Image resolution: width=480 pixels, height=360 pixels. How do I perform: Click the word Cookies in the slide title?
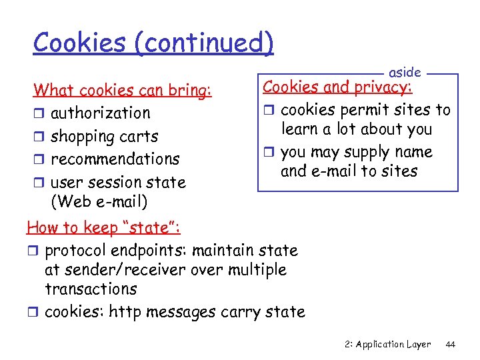[79, 43]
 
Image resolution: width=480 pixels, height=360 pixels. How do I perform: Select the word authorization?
[101, 113]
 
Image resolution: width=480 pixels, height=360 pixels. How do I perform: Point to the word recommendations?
[115, 159]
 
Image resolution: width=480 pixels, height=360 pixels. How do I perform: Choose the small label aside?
[405, 72]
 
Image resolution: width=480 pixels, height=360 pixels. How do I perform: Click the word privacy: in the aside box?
[383, 87]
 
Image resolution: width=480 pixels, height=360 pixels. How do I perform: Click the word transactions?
[91, 289]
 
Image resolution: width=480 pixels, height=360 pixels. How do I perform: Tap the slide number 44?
[450, 344]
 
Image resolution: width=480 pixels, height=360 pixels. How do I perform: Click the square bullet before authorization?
[39, 114]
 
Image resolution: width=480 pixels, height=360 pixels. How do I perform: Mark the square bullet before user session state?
[39, 183]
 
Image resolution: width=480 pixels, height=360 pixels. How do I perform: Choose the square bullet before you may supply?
[269, 153]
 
